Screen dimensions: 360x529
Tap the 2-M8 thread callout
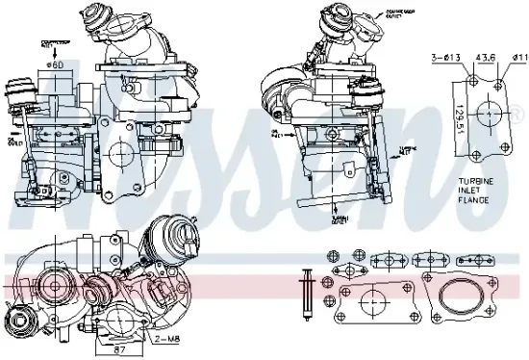(x=171, y=338)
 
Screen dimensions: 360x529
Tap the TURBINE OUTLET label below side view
(x=339, y=219)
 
